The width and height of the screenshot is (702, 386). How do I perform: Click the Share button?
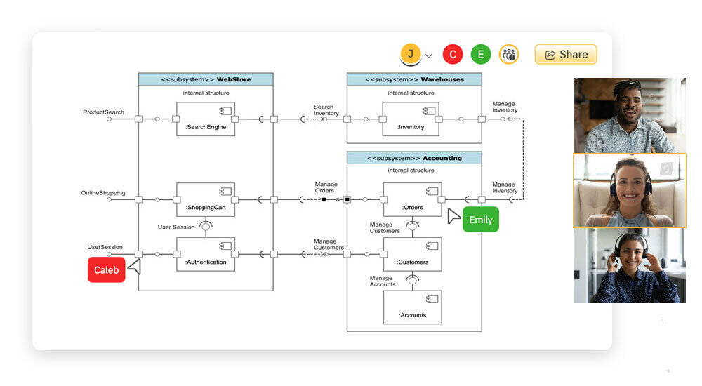566,54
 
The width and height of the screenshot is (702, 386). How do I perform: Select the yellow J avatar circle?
410,53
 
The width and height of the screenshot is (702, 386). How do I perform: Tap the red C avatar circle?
453,54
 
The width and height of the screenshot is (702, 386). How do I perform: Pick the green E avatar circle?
481,54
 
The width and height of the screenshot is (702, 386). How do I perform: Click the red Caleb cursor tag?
107,269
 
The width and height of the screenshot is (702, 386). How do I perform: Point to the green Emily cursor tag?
481,220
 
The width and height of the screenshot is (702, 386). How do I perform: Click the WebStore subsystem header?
205,79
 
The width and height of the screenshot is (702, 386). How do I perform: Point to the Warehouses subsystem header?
414,79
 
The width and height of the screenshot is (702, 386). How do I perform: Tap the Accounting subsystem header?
414,158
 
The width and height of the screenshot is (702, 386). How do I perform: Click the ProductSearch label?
103,112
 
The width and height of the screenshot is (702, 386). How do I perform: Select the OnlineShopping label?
103,192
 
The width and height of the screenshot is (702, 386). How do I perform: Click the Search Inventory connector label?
326,110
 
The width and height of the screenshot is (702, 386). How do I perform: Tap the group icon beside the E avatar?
509,54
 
